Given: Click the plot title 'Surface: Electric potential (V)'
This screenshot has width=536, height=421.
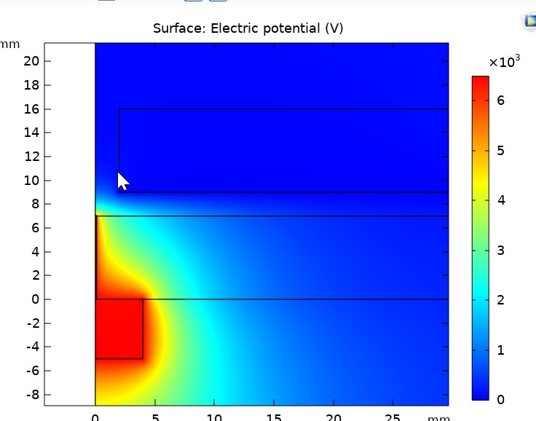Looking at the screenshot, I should tap(248, 28).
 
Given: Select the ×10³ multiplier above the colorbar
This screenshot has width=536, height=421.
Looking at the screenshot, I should tap(504, 63).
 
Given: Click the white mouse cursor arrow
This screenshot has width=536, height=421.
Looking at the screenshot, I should tap(122, 181).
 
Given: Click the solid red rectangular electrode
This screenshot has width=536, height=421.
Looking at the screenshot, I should tap(119, 328).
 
